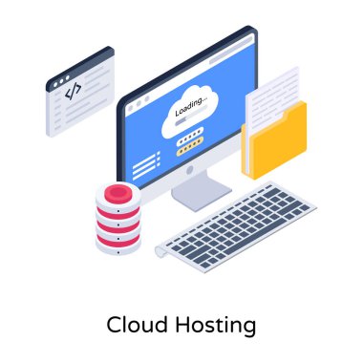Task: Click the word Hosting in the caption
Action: pyautogui.click(x=216, y=327)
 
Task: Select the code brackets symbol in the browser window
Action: pyautogui.click(x=73, y=91)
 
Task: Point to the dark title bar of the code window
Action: pyautogui.click(x=77, y=65)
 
